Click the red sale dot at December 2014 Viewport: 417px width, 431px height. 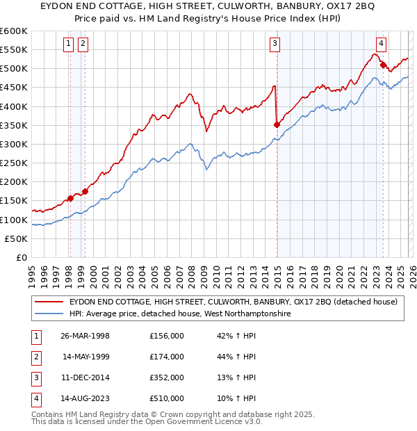(x=277, y=124)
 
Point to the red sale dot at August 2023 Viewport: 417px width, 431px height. (x=383, y=65)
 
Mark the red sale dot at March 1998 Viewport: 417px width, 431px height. (x=70, y=198)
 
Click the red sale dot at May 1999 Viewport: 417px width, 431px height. (x=85, y=191)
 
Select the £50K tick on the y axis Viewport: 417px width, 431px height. (x=17, y=238)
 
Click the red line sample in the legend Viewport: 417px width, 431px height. (x=49, y=302)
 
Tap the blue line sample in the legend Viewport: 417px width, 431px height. (x=49, y=314)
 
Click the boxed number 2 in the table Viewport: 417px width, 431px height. (x=35, y=357)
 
